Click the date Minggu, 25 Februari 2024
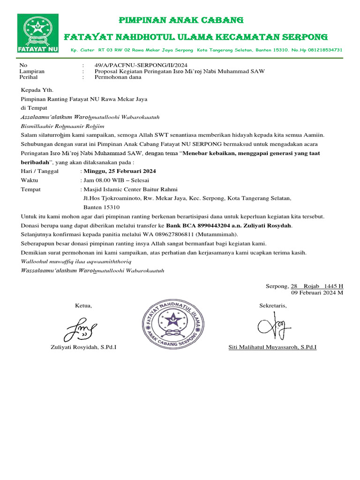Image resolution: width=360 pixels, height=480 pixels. click(120, 171)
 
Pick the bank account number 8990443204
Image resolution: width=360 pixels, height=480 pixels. click(202, 225)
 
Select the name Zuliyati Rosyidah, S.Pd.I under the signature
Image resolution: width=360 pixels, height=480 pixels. click(83, 347)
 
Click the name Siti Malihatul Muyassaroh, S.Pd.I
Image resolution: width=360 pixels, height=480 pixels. click(272, 347)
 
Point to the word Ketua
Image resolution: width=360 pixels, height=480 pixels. click(83, 306)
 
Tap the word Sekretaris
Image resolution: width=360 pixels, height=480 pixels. click(273, 306)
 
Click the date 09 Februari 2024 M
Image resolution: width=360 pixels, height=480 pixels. click(317, 292)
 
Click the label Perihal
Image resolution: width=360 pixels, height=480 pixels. click(28, 77)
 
